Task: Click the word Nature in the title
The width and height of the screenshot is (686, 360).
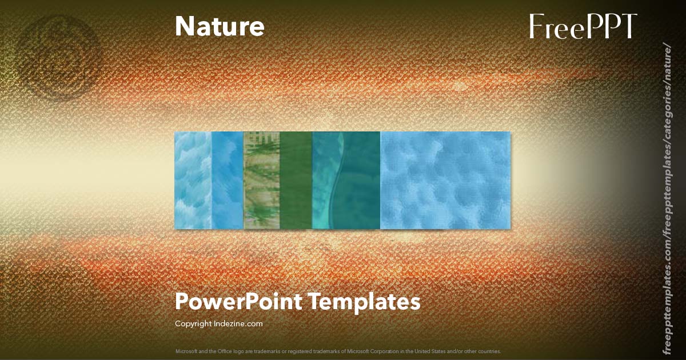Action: point(220,26)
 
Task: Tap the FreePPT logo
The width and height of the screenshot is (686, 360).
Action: point(583,26)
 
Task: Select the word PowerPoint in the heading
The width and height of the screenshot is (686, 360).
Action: point(238,301)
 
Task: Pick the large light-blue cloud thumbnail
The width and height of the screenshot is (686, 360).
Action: point(445,181)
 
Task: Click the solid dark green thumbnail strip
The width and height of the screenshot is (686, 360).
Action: point(296,181)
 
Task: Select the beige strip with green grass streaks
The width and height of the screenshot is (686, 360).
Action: point(261,181)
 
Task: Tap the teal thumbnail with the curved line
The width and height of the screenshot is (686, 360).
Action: point(346,181)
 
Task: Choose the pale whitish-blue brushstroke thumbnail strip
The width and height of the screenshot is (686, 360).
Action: point(192,181)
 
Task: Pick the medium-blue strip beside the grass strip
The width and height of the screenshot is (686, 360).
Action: point(228,181)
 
